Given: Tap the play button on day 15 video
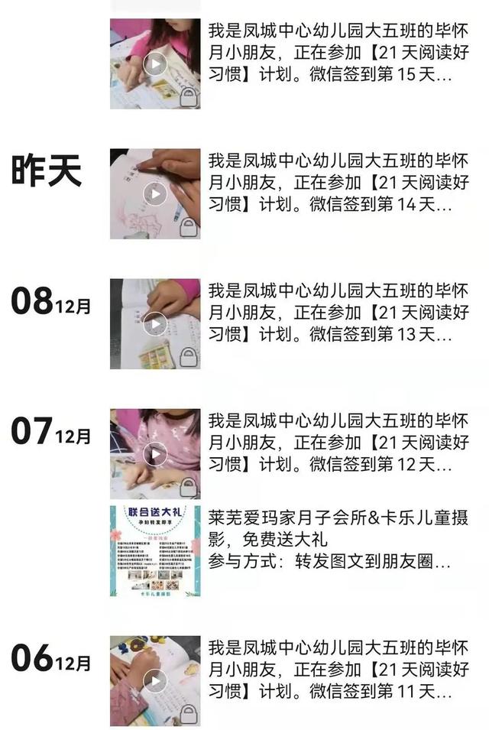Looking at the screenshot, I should [x=155, y=63].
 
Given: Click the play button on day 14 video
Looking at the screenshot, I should [x=155, y=194].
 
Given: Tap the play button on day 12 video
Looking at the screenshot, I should [x=155, y=454].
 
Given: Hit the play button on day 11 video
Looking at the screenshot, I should [x=155, y=680].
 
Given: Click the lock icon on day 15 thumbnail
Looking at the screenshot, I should [x=187, y=96].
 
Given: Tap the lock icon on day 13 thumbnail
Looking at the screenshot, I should [x=187, y=356].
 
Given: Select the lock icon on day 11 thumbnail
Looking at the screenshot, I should [x=187, y=713].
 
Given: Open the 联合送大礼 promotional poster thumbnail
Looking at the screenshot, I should [x=155, y=550].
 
